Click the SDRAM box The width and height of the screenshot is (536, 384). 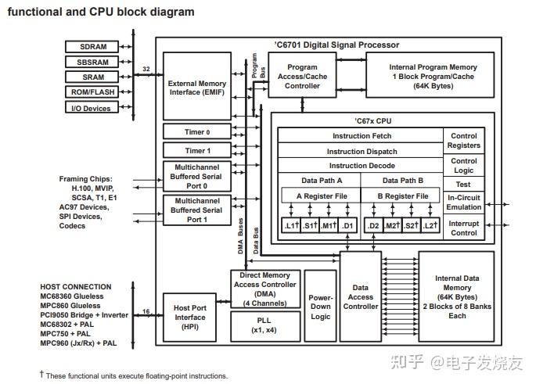click(92, 46)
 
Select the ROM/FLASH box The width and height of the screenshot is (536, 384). click(92, 92)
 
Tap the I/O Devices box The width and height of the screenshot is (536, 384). click(92, 107)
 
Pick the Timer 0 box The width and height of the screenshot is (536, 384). click(197, 131)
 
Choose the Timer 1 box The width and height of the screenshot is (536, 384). click(197, 150)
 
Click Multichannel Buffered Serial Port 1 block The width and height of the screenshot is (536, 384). click(197, 210)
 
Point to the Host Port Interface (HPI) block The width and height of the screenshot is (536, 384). click(189, 318)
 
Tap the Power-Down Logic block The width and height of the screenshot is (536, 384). click(320, 306)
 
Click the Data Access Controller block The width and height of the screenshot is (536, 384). click(360, 296)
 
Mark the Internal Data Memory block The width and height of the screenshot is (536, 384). click(456, 296)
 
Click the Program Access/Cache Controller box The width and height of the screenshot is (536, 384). click(302, 75)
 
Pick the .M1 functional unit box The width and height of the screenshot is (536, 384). click(328, 225)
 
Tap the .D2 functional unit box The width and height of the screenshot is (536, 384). click(373, 225)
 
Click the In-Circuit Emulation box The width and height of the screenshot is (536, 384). click(463, 203)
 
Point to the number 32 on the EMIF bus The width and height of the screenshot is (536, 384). click(146, 69)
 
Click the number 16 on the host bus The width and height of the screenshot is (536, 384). click(146, 311)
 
